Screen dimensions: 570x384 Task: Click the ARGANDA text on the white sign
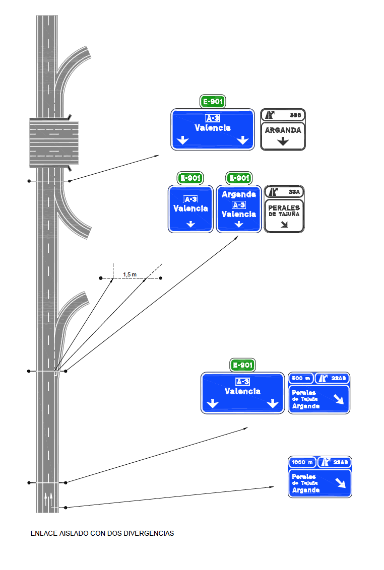[x=283, y=130]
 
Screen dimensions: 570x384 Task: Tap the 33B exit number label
[x=295, y=115]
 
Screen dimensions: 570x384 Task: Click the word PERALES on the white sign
[x=284, y=207]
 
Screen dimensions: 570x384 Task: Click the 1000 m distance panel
[x=302, y=462]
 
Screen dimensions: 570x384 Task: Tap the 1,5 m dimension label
[x=130, y=274]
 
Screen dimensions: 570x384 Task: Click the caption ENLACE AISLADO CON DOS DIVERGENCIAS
[x=102, y=533]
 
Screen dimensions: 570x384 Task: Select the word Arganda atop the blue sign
[x=239, y=194]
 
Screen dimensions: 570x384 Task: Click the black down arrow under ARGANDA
[x=283, y=141]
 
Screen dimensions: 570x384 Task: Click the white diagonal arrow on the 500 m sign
[x=339, y=399]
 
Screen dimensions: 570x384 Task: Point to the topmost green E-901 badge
[x=213, y=102]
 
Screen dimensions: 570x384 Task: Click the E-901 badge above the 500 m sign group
[x=243, y=365]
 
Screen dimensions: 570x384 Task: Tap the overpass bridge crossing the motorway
[x=54, y=142]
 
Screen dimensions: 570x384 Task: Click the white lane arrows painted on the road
[x=48, y=501]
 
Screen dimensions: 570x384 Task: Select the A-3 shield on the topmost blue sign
[x=213, y=118]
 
